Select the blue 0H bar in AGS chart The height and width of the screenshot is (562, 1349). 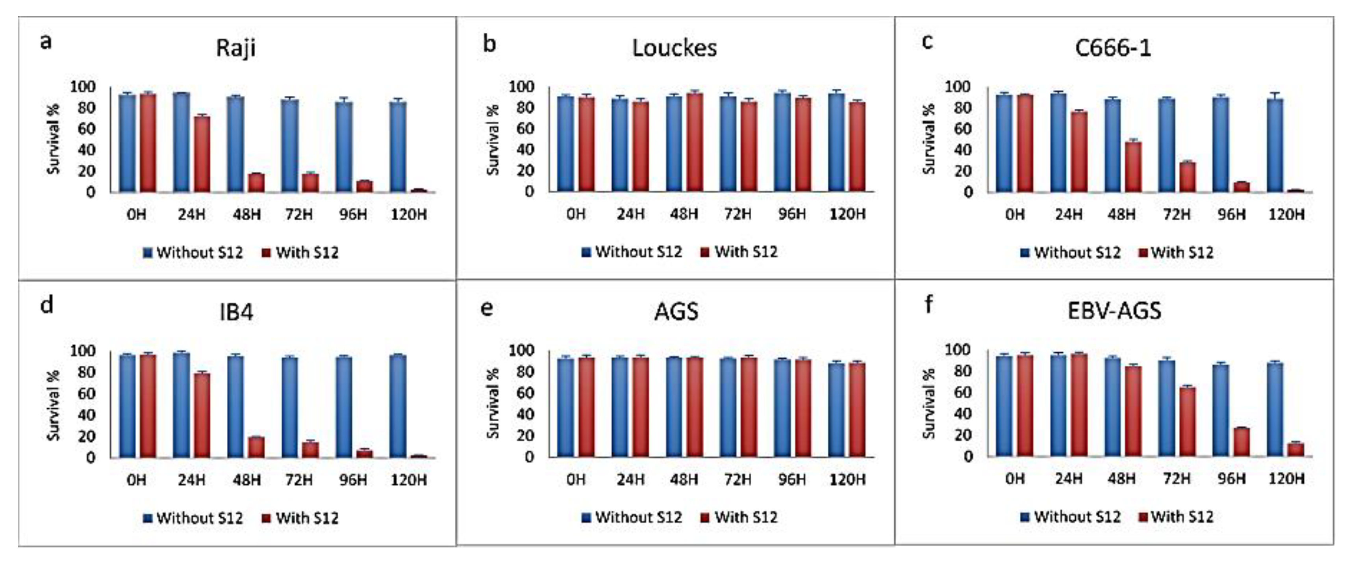(565, 408)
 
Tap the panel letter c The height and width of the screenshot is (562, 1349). (927, 41)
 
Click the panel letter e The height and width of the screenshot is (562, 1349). (487, 308)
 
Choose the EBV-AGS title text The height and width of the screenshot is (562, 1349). (1114, 311)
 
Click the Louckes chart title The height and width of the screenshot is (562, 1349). (674, 48)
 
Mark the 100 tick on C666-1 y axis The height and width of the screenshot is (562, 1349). (960, 86)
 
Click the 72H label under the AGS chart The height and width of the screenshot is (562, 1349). (738, 479)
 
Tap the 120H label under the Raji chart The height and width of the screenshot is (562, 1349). (409, 214)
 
